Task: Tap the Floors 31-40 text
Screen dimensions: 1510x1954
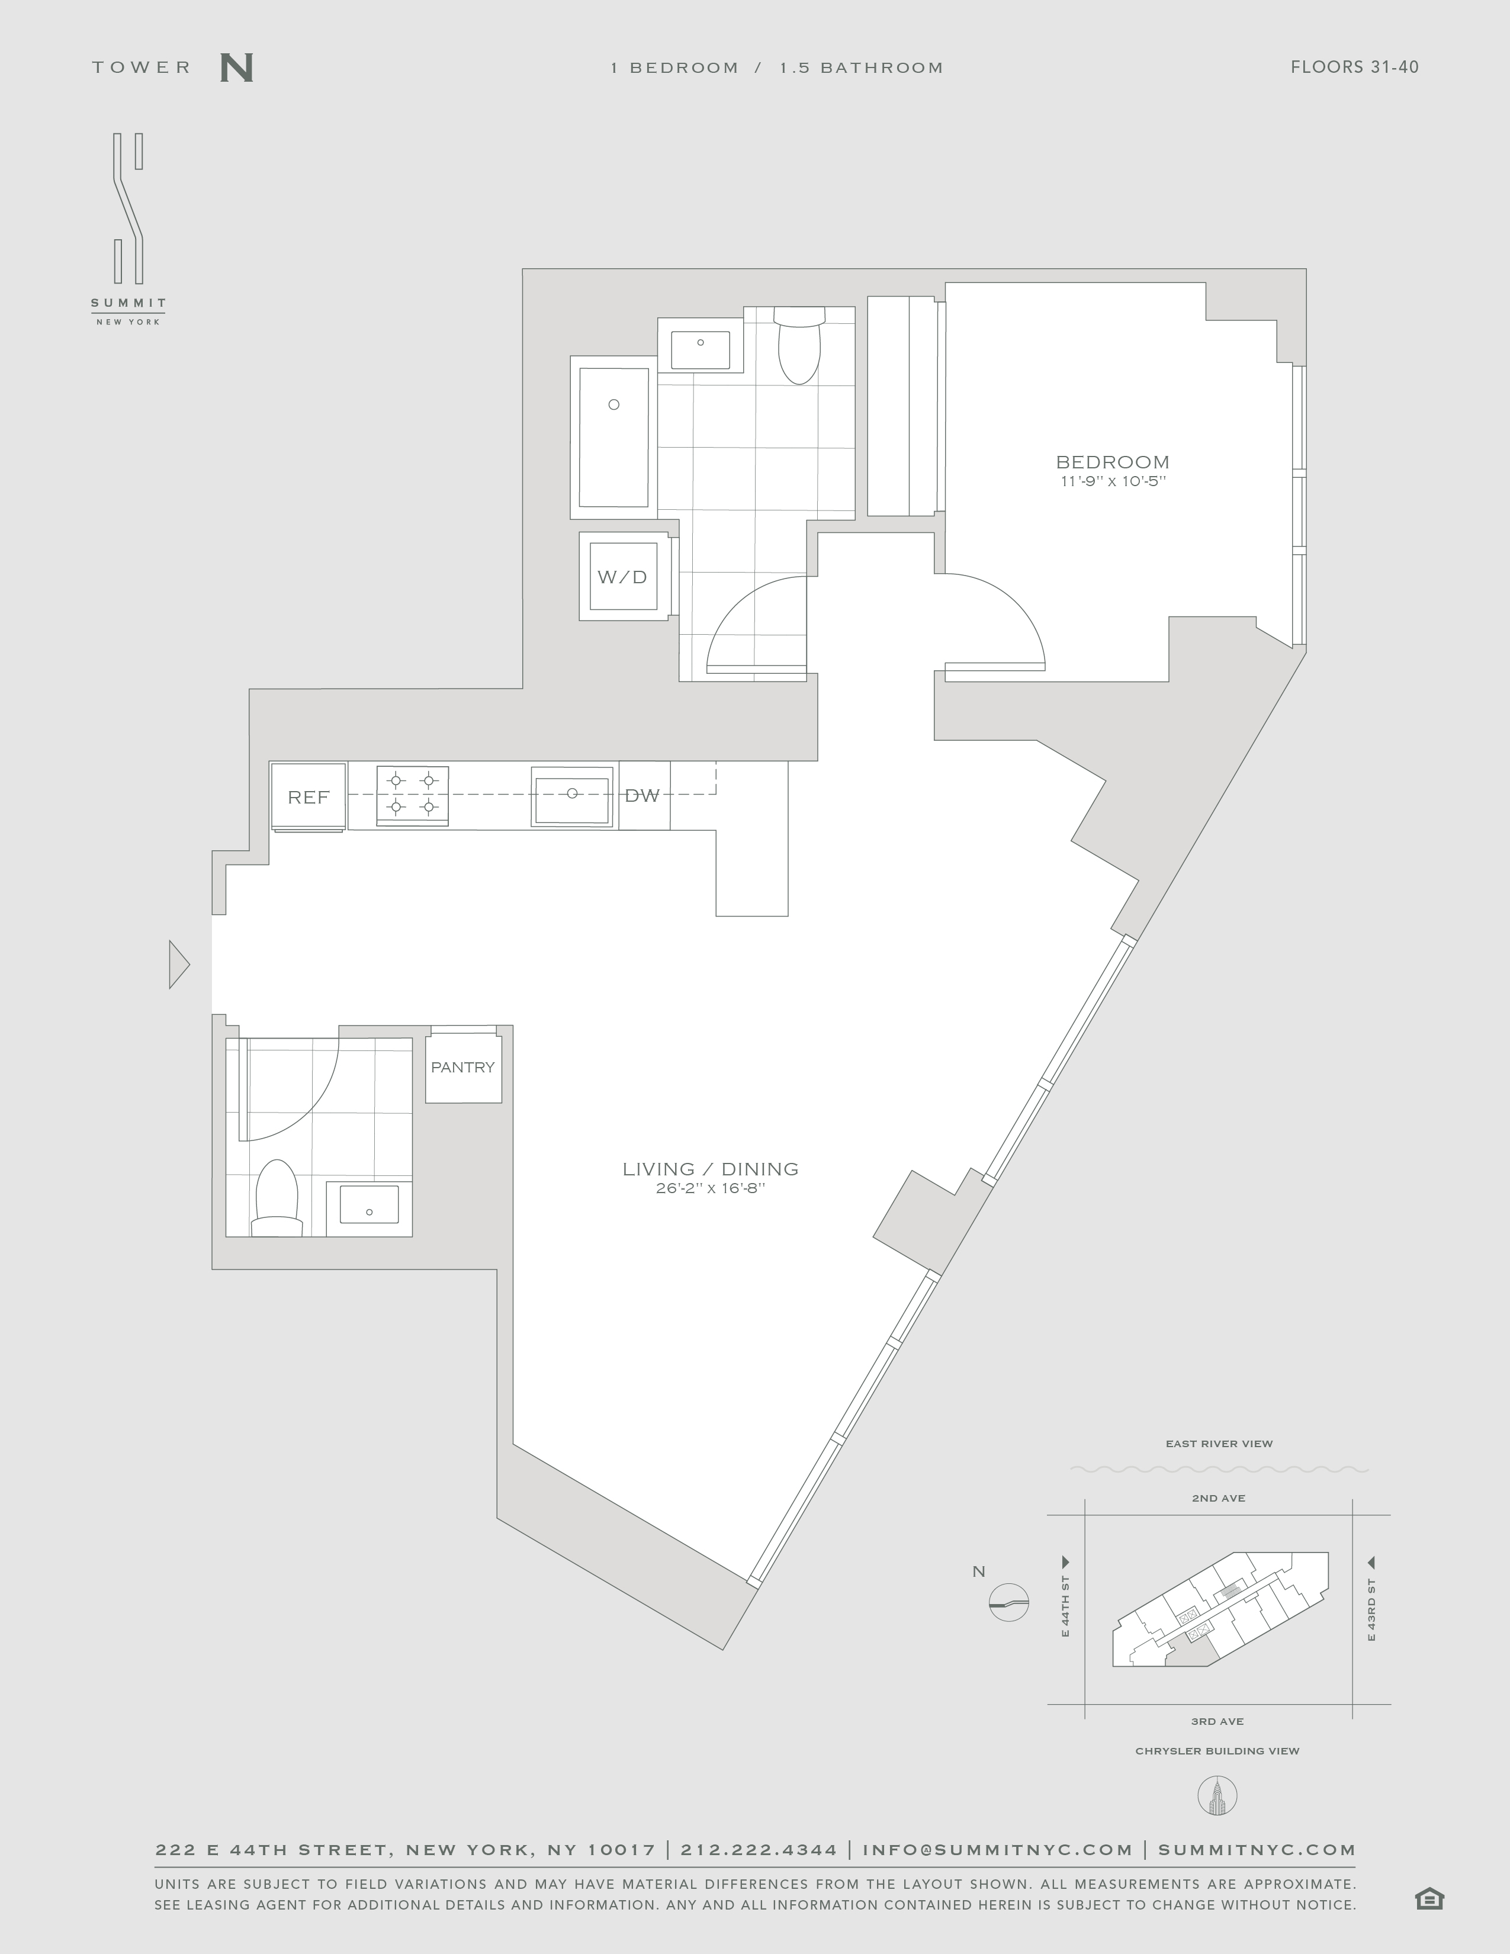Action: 1354,67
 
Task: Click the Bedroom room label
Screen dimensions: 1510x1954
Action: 1113,462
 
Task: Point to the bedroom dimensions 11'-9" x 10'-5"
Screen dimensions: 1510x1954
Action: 1113,482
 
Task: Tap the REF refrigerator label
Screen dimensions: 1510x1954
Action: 309,797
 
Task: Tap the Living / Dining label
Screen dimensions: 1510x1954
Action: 710,1168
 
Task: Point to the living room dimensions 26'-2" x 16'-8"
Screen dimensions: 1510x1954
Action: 710,1189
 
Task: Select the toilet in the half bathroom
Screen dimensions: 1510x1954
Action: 277,1198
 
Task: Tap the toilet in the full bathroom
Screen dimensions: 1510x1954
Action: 799,345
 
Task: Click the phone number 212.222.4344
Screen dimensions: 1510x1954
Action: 760,1850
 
